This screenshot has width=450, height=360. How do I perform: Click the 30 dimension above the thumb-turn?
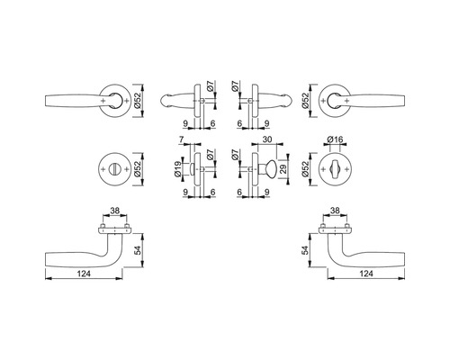pos(267,139)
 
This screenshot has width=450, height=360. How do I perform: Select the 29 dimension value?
pos(283,168)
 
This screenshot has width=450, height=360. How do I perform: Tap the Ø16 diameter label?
pos(335,139)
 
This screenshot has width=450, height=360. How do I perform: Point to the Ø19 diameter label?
pos(177,169)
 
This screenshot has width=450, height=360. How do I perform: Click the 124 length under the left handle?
pos(84,274)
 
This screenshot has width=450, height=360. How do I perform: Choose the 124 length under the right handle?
pos(366,274)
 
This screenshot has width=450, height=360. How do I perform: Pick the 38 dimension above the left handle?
pos(114,211)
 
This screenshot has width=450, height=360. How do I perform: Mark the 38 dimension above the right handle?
pos(335,211)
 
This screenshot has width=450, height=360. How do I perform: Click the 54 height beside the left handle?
pos(138,250)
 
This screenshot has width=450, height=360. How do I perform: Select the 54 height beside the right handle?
pos(305,250)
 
